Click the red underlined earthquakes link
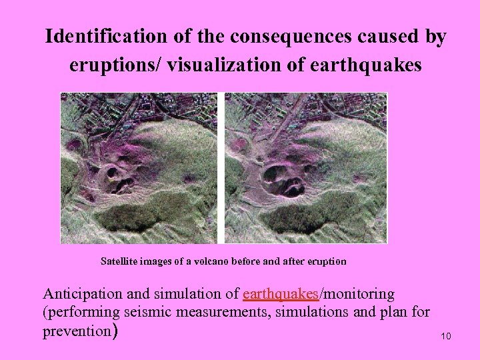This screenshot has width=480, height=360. pos(281,294)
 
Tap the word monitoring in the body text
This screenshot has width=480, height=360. pos(359,294)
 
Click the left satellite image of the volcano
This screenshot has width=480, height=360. pos(139,168)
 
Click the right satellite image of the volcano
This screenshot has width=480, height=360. pos(305,168)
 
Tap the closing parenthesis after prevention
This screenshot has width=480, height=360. pos(115,331)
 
